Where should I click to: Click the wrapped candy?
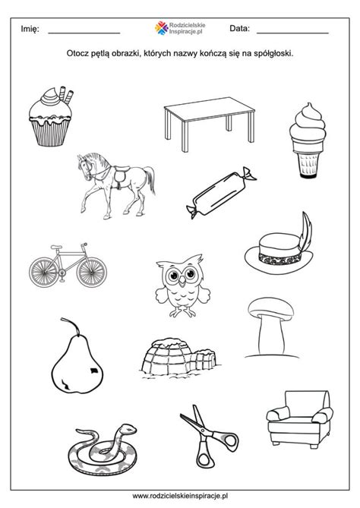click(x=221, y=193)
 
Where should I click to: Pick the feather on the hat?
click(x=305, y=232)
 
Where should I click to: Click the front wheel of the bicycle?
click(x=92, y=272)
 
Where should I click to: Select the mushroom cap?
click(x=270, y=308)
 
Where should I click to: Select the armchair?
click(x=299, y=420)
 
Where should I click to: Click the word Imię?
click(x=30, y=29)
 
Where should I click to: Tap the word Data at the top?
click(x=240, y=29)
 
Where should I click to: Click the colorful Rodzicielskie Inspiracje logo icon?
click(x=161, y=28)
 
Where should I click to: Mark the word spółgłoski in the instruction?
click(x=276, y=53)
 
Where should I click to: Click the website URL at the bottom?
click(x=180, y=495)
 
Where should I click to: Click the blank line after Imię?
click(x=84, y=33)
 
